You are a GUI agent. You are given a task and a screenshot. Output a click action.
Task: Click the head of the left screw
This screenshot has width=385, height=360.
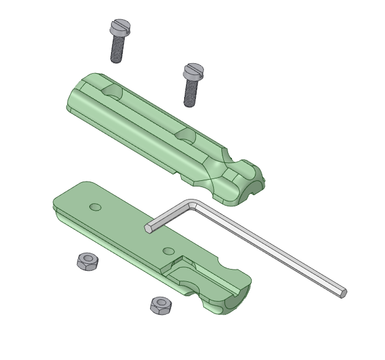click(118, 27)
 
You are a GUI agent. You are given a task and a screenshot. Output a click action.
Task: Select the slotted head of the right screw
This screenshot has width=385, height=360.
click(193, 72)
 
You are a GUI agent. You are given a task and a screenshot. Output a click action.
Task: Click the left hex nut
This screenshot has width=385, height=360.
click(87, 261)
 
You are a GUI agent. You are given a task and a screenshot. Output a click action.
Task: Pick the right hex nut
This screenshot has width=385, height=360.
click(161, 305)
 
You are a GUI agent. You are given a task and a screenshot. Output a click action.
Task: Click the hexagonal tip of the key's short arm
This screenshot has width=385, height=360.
click(149, 228)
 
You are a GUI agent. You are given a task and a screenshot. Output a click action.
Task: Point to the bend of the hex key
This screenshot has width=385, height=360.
click(192, 204)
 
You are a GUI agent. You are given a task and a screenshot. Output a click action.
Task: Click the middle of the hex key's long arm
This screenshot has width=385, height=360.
click(267, 248)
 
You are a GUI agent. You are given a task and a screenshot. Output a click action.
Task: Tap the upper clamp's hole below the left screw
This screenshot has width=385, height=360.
click(113, 93)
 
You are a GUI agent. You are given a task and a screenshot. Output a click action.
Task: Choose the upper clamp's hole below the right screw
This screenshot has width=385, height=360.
click(185, 134)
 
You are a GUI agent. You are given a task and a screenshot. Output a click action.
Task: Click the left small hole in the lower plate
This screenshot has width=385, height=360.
click(95, 206)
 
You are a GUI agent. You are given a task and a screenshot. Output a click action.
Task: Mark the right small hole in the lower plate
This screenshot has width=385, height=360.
click(169, 251)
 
